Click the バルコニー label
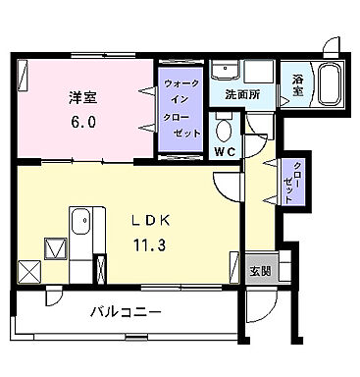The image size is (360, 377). pos(127,312)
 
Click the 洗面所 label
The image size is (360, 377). pos(241,96)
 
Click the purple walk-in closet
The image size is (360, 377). pos(182,105)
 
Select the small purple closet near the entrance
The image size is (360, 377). pos(289,181)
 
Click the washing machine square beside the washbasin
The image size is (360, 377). pos(260,74)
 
